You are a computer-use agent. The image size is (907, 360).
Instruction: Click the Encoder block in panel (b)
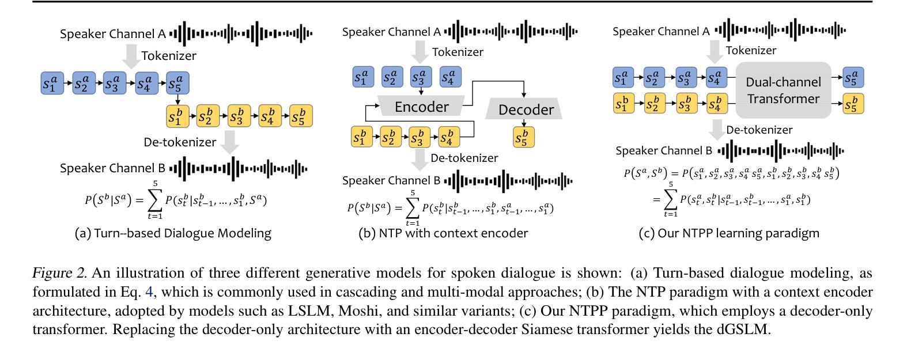(x=421, y=106)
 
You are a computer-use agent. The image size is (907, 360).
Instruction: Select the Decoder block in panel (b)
(x=524, y=109)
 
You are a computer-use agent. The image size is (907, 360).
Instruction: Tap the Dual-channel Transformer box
(x=784, y=90)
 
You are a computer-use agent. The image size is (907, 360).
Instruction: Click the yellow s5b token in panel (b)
(x=524, y=137)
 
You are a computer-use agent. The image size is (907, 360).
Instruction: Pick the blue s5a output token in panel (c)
(x=853, y=77)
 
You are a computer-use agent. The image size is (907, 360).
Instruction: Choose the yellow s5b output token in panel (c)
(x=853, y=104)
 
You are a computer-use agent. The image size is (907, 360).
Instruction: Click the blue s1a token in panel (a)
(x=52, y=83)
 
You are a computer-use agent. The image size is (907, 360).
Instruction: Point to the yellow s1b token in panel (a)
(x=177, y=116)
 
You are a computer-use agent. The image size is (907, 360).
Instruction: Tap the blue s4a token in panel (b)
(x=450, y=77)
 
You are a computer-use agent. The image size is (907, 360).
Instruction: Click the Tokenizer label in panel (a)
(x=168, y=55)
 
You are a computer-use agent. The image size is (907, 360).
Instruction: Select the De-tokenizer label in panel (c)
(x=759, y=130)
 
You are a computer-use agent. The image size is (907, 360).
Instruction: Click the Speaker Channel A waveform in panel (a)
(x=241, y=33)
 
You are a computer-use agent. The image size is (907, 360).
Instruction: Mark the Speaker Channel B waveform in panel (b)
(x=508, y=181)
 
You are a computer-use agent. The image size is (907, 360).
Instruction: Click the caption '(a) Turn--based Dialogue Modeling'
(x=173, y=233)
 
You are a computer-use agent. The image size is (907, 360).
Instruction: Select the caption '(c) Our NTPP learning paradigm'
(x=729, y=233)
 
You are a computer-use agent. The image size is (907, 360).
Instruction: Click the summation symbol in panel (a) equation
(x=154, y=200)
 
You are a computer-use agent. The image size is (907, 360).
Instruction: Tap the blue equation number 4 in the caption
(x=149, y=291)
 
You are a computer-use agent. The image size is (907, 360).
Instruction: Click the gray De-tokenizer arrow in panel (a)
(x=230, y=142)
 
